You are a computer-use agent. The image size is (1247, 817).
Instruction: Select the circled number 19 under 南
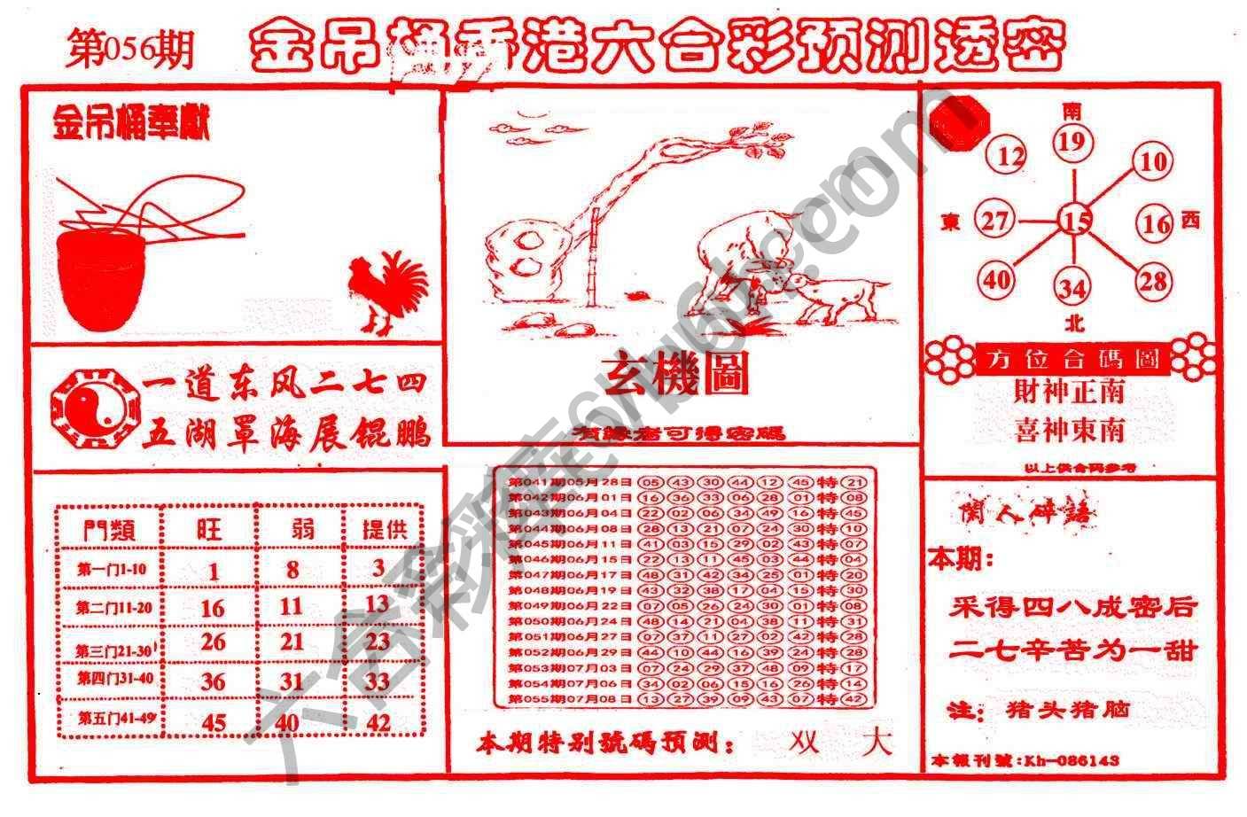[x=1072, y=142]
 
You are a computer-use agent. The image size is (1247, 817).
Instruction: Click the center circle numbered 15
[x=1075, y=220]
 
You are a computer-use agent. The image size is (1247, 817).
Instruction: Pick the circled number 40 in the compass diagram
[x=997, y=280]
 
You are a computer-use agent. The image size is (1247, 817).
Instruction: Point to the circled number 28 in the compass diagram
[x=1153, y=282]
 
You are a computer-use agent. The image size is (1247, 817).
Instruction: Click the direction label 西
[x=1190, y=220]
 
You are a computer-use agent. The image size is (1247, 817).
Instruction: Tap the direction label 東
[x=952, y=223]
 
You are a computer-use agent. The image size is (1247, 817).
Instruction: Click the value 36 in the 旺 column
[x=213, y=681]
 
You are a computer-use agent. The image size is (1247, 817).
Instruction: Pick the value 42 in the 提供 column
[x=378, y=722]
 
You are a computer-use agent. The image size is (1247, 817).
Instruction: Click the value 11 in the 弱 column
[x=292, y=606]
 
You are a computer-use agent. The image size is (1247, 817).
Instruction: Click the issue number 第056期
[x=129, y=50]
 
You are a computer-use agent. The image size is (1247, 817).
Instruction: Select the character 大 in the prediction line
[x=877, y=742]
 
